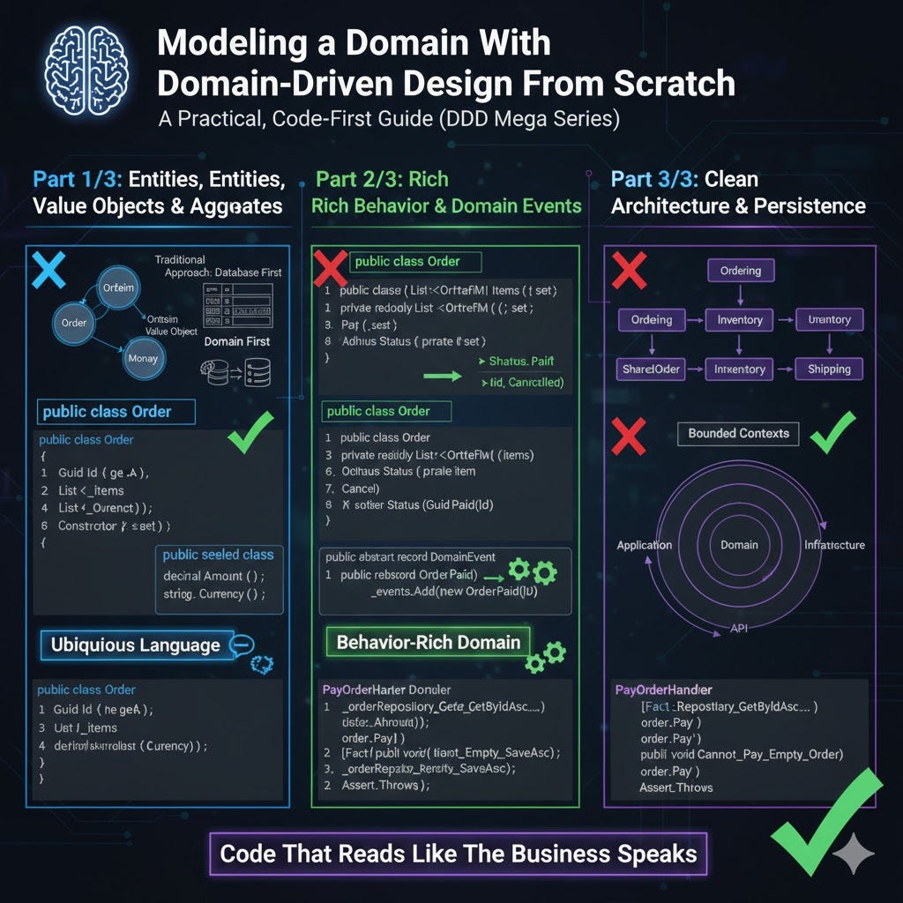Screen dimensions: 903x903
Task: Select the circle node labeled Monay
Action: [142, 358]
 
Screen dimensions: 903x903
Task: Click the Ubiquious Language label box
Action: [135, 645]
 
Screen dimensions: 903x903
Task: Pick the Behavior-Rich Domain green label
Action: [429, 641]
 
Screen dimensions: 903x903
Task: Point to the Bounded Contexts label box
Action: [738, 433]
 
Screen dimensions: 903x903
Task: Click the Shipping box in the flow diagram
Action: [829, 369]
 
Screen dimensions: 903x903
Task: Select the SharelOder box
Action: [652, 369]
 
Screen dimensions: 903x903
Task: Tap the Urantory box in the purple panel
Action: [829, 320]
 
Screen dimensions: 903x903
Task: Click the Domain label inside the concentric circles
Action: [739, 545]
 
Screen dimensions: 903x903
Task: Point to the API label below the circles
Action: [739, 628]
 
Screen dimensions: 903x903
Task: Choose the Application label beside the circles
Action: [645, 545]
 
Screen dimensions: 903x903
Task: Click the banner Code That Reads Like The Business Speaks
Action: [458, 854]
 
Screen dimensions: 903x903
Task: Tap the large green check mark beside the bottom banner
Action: [825, 813]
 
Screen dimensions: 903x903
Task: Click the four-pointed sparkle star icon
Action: [853, 854]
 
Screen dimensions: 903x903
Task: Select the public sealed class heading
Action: [219, 555]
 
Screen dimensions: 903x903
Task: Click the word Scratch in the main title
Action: [674, 83]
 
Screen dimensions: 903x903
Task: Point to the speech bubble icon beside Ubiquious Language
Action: [241, 646]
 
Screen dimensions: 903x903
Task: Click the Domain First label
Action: [236, 340]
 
